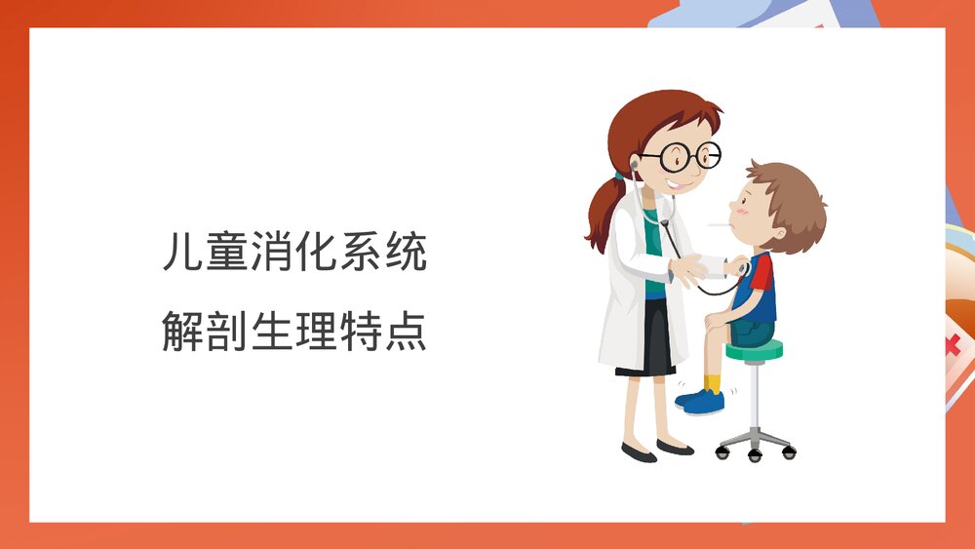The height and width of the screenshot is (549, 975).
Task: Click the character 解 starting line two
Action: click(x=183, y=332)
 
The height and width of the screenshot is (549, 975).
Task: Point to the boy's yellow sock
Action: click(x=714, y=382)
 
